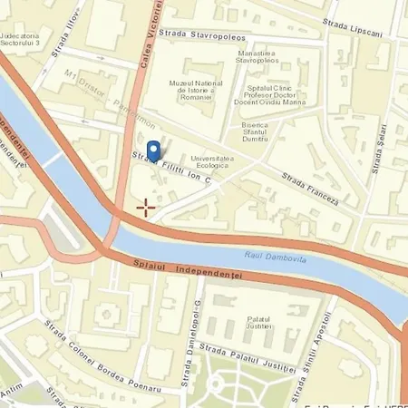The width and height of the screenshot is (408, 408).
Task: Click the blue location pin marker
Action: (154, 151)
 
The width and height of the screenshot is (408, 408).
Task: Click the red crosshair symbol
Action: (145, 209)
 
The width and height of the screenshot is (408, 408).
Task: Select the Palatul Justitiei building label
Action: (259, 325)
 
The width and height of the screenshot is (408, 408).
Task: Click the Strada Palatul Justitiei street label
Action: (248, 359)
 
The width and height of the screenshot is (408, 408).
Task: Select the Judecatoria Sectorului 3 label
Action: (25, 16)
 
